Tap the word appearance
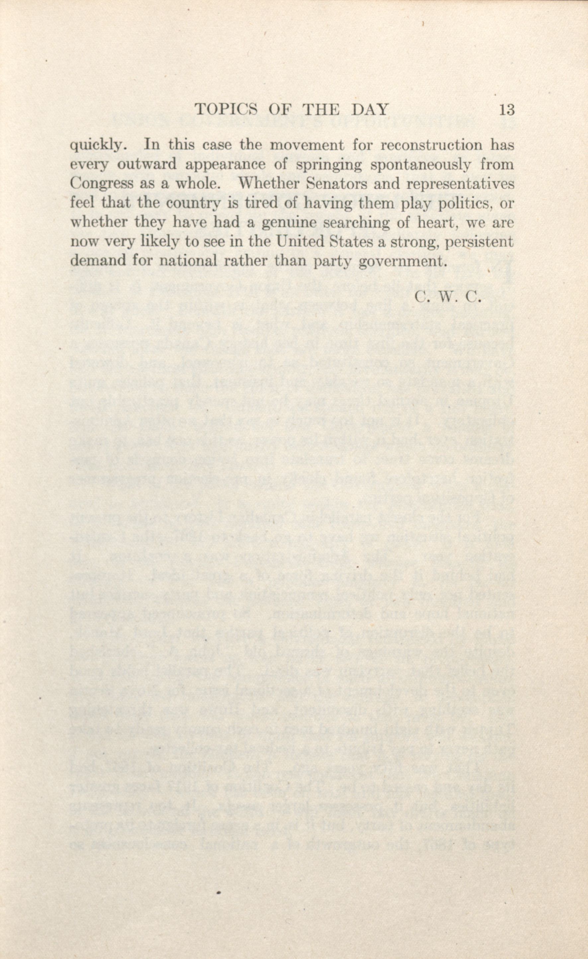coord(225,165)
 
